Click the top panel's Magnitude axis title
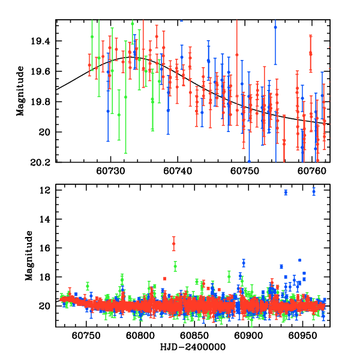(20, 91)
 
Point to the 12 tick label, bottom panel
(44, 190)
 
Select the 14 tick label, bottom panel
(44, 219)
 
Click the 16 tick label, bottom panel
(44, 248)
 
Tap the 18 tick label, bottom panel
(44, 277)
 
